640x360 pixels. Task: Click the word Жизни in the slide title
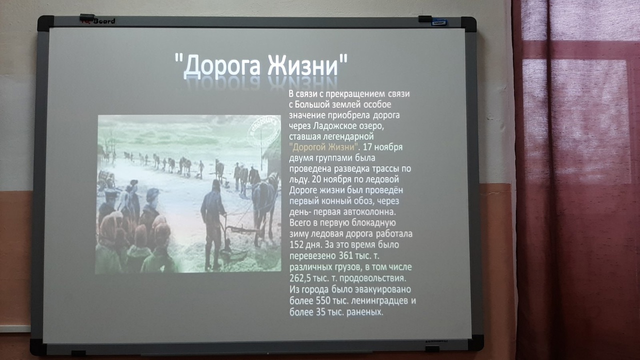[303, 65]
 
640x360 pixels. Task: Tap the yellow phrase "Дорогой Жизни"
[323, 147]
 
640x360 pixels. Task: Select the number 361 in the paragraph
[346, 255]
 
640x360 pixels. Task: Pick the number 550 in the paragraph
[323, 300]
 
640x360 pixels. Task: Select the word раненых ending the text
[364, 312]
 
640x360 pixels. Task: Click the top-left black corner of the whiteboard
[45, 23]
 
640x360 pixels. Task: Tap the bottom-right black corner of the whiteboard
[475, 343]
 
